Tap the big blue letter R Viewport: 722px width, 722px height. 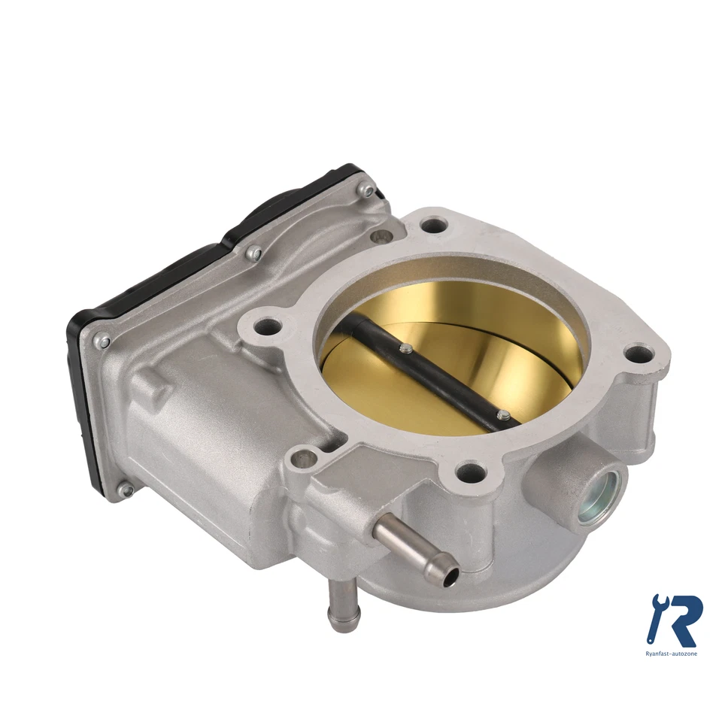pyautogui.click(x=683, y=620)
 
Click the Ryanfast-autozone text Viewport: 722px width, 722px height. pyautogui.click(x=672, y=654)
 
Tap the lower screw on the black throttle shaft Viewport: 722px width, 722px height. pyautogui.click(x=503, y=414)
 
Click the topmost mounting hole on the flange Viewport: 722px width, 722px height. pyautogui.click(x=434, y=224)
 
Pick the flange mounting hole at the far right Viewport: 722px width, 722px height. pyautogui.click(x=640, y=353)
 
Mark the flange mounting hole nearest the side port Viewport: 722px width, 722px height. pyautogui.click(x=469, y=472)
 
